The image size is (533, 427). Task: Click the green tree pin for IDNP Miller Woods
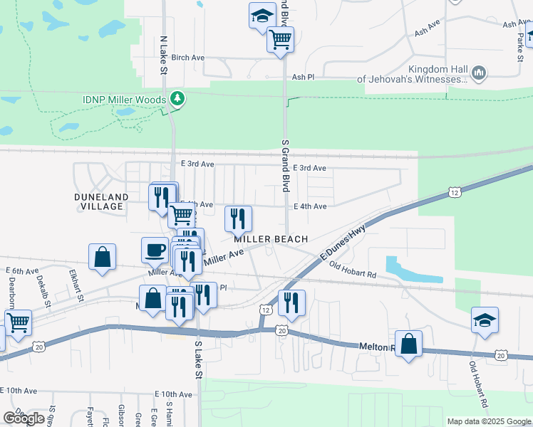coord(175,100)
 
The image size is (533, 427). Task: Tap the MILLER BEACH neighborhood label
coord(271,240)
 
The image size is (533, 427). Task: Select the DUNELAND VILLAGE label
coord(100,201)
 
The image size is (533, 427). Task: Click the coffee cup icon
coord(155,250)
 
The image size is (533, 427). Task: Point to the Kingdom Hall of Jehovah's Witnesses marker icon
coord(479,73)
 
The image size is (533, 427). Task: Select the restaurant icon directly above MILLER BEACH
coord(238,218)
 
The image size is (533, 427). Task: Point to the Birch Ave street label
coord(188,58)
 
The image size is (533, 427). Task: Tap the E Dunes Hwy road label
coord(343,243)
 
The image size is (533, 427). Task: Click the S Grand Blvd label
coord(285,166)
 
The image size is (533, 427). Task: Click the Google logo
coord(24,418)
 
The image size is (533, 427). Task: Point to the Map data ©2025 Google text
coord(488,421)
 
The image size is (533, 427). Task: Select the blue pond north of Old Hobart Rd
coord(410,270)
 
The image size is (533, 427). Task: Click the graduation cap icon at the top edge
coord(262,15)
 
